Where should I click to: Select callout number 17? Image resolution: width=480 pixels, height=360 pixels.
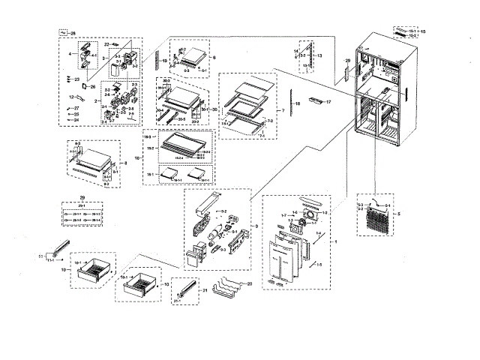pyautogui.click(x=328, y=101)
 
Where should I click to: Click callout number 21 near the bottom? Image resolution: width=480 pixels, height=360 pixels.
pyautogui.click(x=205, y=289)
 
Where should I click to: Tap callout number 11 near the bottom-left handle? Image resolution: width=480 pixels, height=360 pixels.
pyautogui.click(x=42, y=257)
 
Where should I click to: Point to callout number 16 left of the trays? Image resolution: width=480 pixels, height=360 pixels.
pyautogui.click(x=137, y=159)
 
